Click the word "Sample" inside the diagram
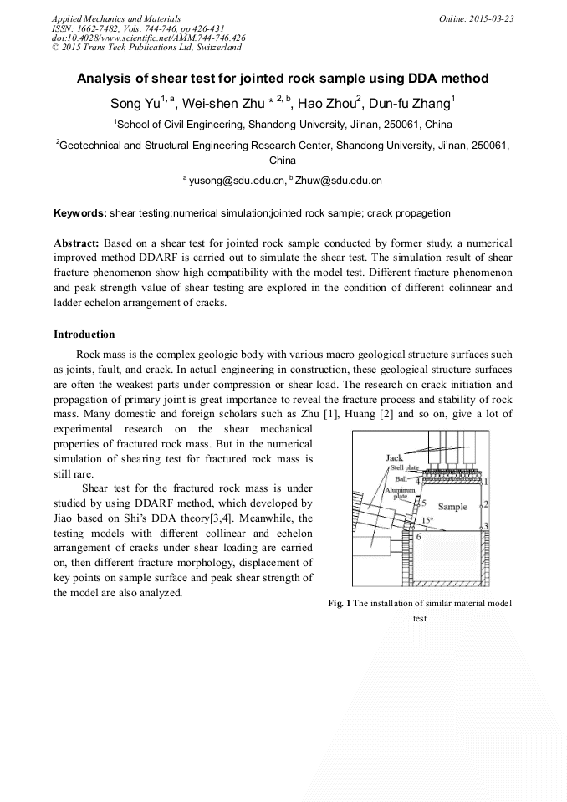452,507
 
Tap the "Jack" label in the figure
394,457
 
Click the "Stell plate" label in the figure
401,468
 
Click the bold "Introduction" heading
84,335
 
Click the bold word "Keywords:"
80,213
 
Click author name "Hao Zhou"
325,105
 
